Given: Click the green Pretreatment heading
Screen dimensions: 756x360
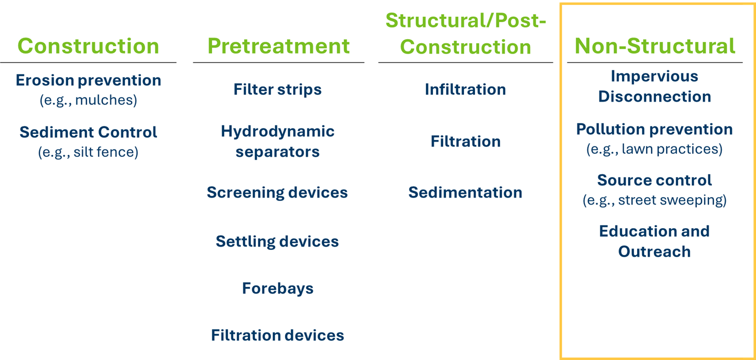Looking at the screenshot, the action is click(278, 46).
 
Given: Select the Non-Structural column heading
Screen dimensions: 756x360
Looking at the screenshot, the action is click(655, 46).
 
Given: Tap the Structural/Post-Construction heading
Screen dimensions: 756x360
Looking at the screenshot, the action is click(466, 34).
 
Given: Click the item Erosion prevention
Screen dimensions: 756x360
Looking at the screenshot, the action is click(88, 81).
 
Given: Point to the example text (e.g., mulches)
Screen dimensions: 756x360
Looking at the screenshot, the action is click(88, 100).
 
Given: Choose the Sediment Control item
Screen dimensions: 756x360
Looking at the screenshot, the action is click(88, 132).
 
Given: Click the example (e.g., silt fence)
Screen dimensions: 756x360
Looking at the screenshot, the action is click(88, 152).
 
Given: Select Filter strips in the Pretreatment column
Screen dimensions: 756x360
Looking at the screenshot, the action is click(278, 89).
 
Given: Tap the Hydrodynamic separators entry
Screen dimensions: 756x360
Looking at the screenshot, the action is click(278, 141).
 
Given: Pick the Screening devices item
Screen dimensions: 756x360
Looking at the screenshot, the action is click(277, 193).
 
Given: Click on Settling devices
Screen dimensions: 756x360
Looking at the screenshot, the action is click(277, 242).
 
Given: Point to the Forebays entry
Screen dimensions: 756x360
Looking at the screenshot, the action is click(278, 288).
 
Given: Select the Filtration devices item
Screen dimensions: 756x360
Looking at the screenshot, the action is click(278, 335).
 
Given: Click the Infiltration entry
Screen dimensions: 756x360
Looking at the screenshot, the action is click(466, 89).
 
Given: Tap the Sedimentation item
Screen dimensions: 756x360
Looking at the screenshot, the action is click(466, 193).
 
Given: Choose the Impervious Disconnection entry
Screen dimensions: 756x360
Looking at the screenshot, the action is click(655, 86).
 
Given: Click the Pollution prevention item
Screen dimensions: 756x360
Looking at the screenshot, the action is click(655, 129).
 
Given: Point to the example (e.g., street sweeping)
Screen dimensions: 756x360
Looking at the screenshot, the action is click(655, 200).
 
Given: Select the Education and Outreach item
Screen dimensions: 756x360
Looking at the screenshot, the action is click(655, 242).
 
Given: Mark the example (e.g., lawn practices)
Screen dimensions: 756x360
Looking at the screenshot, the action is click(655, 149).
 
